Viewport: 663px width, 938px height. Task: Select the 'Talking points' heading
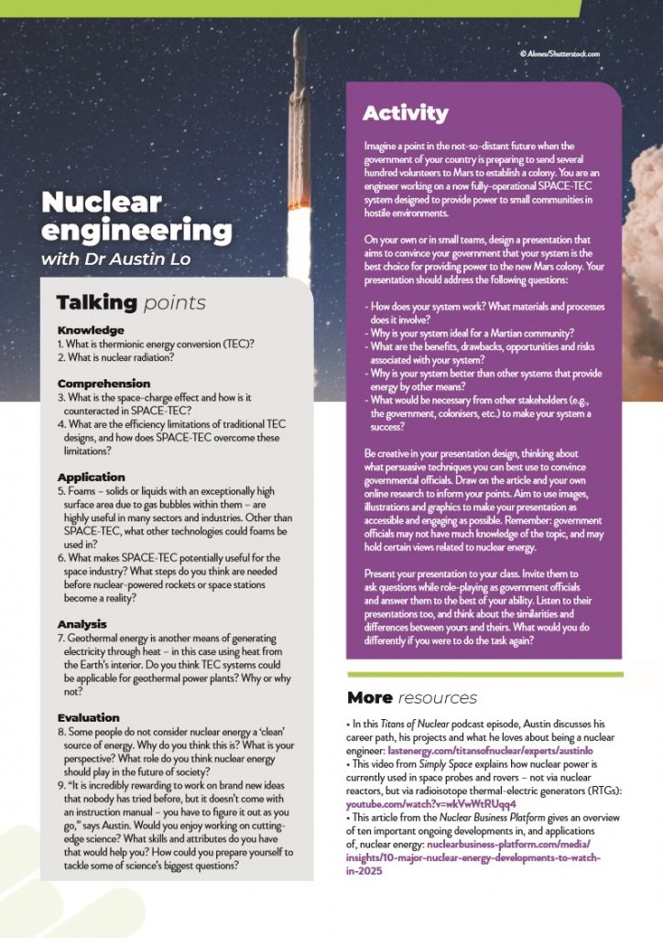pos(131,302)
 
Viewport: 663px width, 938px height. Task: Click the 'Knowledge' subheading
pos(91,330)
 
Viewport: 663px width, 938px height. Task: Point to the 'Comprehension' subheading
pos(103,383)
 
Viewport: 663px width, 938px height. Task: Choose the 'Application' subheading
pos(91,477)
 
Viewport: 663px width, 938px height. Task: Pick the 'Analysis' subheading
pos(82,625)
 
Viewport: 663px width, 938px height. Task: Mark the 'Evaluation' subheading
pos(88,717)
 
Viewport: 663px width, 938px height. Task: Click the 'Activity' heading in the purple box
pos(405,114)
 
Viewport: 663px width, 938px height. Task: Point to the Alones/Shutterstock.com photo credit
pos(559,54)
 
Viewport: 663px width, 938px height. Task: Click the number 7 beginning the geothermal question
pos(60,638)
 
